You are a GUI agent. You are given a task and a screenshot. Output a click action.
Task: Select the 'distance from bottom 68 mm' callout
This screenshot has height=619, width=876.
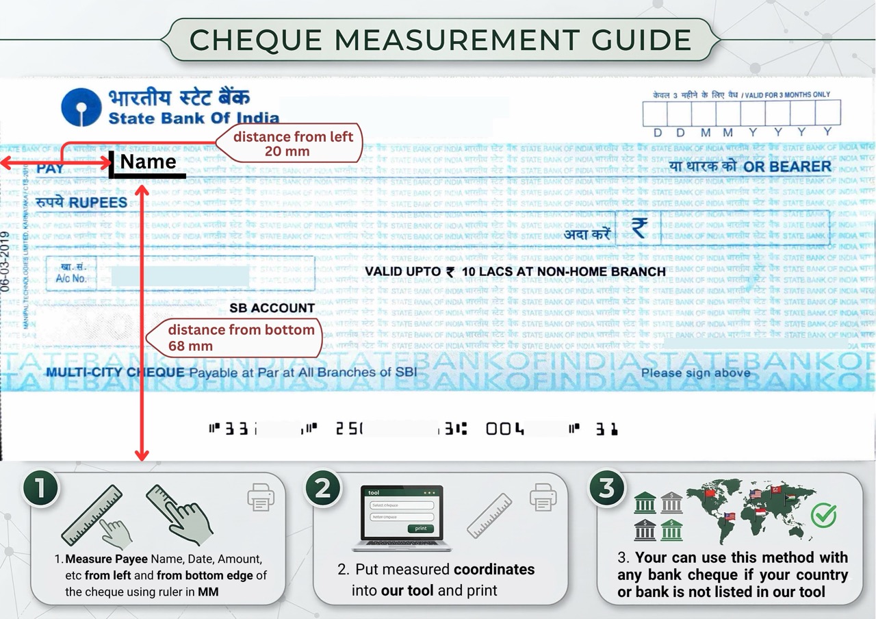[x=240, y=338]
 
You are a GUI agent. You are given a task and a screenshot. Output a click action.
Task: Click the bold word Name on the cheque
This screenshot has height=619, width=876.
[x=149, y=162]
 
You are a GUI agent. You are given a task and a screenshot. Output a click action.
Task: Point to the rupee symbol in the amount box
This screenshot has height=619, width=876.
[x=639, y=227]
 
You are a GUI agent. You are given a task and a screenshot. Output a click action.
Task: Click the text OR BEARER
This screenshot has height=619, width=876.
[x=787, y=166]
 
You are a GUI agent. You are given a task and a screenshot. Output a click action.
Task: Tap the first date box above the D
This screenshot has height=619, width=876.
[x=655, y=113]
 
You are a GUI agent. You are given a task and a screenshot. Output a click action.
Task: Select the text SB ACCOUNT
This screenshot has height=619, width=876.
[x=272, y=308]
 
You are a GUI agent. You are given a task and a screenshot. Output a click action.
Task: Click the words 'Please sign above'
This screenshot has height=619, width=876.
[x=695, y=373]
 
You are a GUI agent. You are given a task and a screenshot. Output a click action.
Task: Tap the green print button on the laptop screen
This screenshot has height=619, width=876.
[x=420, y=528]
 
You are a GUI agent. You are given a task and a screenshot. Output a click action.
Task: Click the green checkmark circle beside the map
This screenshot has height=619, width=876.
[x=823, y=515]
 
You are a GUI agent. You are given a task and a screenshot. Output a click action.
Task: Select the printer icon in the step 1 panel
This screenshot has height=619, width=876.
[x=261, y=497]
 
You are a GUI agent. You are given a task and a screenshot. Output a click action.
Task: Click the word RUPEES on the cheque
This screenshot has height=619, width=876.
[x=98, y=203]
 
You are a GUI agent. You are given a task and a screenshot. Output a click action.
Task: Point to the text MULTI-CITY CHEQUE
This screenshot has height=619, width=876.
[x=115, y=372]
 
